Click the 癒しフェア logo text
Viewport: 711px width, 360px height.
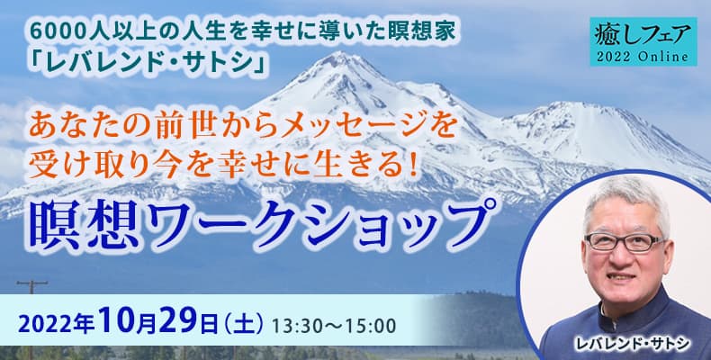[643, 35]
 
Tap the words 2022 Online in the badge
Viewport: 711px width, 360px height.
[643, 57]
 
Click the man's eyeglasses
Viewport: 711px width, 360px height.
[625, 242]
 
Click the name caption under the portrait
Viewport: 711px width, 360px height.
[632, 344]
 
